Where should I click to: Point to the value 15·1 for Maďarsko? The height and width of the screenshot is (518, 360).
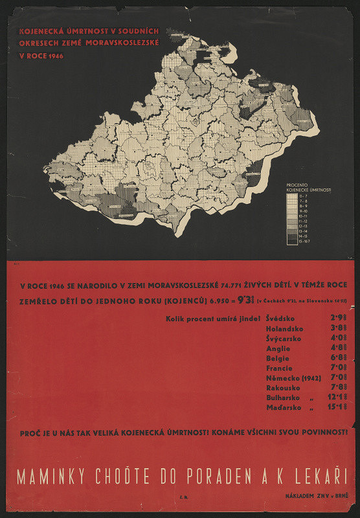pyautogui.click(x=336, y=408)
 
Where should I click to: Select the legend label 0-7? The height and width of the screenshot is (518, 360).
pyautogui.click(x=301, y=196)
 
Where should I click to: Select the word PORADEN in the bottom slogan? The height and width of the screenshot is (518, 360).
pyautogui.click(x=217, y=477)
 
